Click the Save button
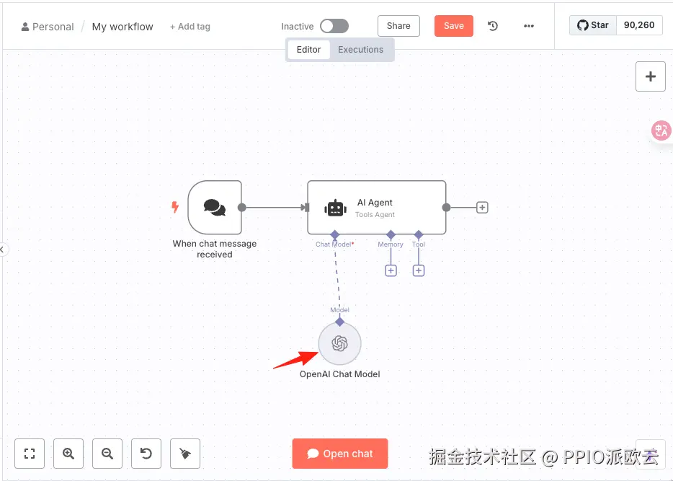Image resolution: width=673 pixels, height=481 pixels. pos(453,26)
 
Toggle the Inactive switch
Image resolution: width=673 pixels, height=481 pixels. pos(334,26)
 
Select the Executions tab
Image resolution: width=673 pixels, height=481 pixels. pos(360,50)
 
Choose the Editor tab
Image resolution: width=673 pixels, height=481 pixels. pos(308,50)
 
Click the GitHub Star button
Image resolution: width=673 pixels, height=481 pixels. pos(593,25)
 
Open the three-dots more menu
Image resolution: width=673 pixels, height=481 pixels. pos(529,26)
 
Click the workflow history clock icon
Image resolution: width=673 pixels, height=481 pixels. pos(493,26)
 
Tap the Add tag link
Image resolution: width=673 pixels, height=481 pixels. pos(190,27)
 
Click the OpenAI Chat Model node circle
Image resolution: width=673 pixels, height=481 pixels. pos(339,344)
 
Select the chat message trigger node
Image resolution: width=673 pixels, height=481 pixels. pos(214,208)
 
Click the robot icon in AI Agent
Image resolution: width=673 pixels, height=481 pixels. pos(335,208)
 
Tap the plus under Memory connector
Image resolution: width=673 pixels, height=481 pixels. pos(391,270)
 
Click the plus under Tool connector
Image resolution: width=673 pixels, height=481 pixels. pos(419,270)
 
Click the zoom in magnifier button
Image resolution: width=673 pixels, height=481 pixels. pos(68,454)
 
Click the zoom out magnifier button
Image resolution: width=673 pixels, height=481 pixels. pos(107,454)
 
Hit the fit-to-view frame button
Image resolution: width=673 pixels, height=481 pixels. pos(30,454)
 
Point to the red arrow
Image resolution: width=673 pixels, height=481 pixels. pos(295,358)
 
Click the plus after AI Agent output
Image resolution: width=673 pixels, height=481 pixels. pos(483,208)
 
